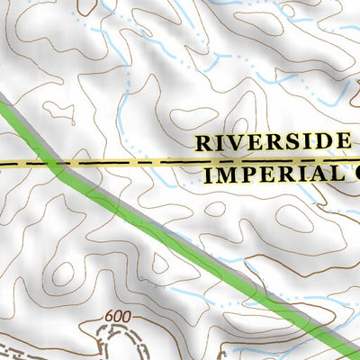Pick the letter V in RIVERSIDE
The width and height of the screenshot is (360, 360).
click(236, 142)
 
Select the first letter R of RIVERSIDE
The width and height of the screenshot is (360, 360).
click(203, 142)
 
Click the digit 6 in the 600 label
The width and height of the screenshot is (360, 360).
click(110, 317)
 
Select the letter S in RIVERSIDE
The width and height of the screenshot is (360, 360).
click(291, 142)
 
